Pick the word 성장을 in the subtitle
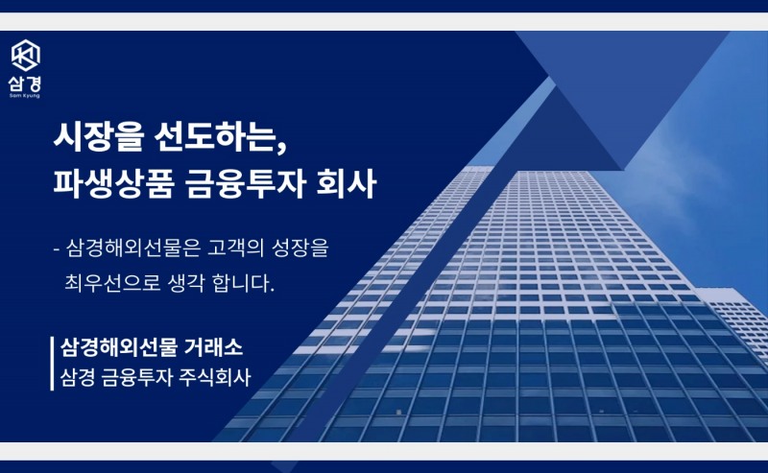pyautogui.click(x=300, y=248)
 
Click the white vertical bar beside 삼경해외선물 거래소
pyautogui.click(x=52, y=361)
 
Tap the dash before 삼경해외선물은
pyautogui.click(x=58, y=248)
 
